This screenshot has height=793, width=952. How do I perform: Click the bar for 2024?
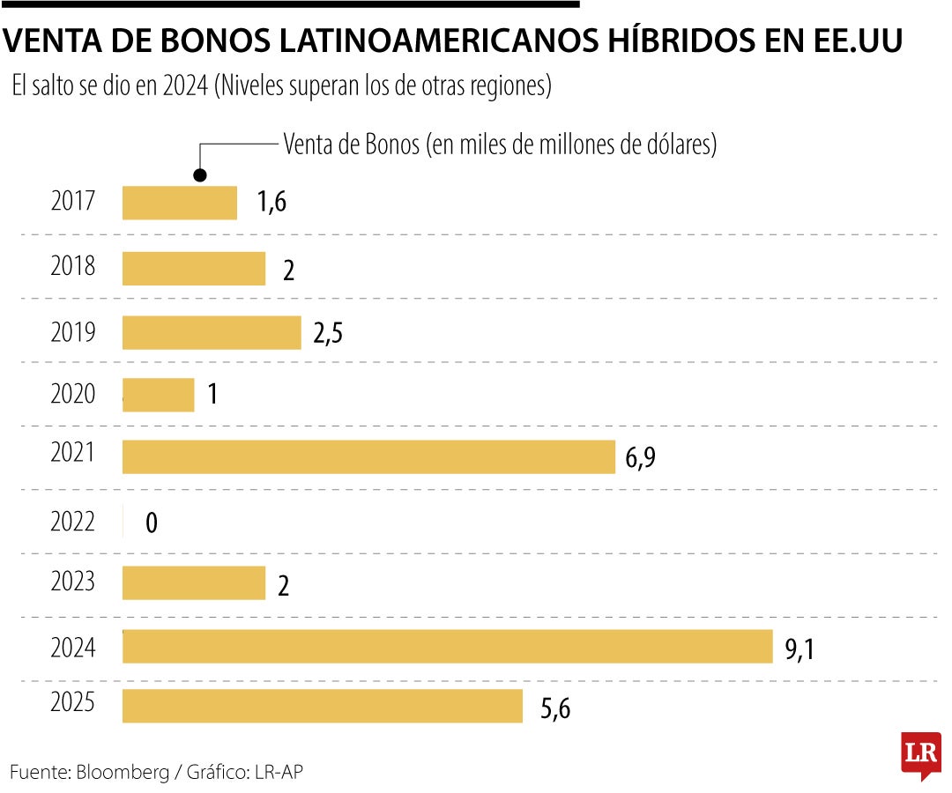point(447,647)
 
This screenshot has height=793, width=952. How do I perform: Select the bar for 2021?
point(368,456)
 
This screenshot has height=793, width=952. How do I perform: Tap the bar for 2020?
point(158,394)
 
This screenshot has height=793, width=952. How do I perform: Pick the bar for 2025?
point(323,706)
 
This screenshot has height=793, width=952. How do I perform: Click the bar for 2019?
point(212,333)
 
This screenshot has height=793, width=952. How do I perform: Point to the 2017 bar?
point(180,203)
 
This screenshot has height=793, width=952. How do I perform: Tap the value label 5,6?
point(555,709)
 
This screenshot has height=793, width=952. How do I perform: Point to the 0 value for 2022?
point(152,523)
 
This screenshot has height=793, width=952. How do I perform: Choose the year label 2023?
point(73,581)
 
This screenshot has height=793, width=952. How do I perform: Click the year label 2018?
point(73,266)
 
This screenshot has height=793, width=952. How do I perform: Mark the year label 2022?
point(73,521)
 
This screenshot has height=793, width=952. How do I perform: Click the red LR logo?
point(919,754)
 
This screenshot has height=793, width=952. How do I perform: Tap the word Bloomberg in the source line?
point(123,772)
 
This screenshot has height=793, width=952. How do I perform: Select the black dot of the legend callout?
point(201,174)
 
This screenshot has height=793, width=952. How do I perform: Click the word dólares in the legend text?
point(680,145)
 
